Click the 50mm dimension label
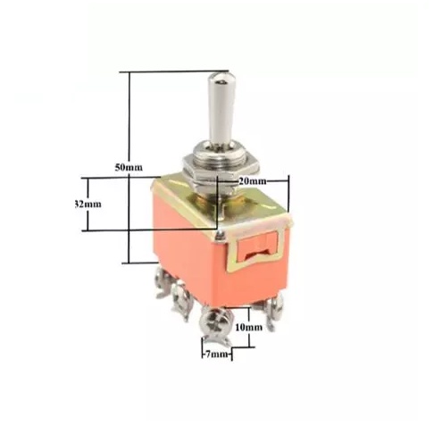[129, 168]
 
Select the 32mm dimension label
[87, 204]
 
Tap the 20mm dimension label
[252, 181]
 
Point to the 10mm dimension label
[247, 327]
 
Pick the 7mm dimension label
[215, 355]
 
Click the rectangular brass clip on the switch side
[258, 247]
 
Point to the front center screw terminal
[216, 318]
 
